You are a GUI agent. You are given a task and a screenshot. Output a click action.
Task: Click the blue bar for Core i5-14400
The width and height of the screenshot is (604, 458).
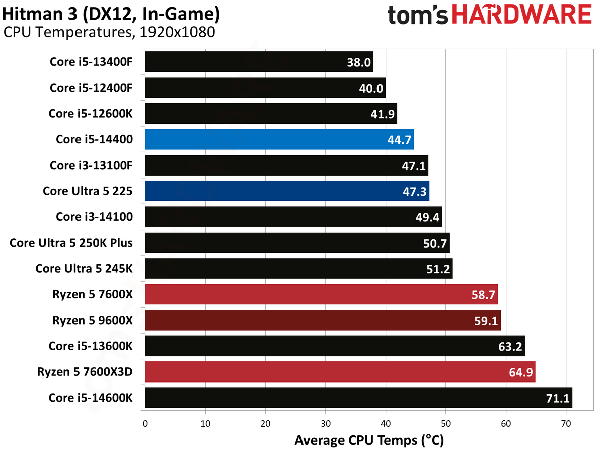click(x=279, y=139)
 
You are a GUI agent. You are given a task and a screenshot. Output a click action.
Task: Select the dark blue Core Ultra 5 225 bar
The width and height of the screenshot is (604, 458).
click(x=287, y=191)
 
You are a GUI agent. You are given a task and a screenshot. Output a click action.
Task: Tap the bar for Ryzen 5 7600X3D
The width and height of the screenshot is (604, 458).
click(x=340, y=372)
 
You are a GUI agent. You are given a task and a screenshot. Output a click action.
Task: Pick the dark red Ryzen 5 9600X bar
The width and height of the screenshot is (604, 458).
click(x=323, y=321)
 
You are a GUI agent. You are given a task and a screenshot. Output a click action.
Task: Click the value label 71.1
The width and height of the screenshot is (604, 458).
click(x=558, y=398)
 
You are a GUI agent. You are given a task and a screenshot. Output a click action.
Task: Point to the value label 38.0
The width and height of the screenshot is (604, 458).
click(x=359, y=62)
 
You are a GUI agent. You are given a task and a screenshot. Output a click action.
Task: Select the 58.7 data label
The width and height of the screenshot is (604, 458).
click(x=483, y=295)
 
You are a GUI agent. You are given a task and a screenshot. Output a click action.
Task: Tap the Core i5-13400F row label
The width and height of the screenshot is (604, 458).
click(x=91, y=62)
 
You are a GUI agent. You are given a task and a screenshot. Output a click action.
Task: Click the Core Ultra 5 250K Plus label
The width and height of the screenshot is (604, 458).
click(x=71, y=243)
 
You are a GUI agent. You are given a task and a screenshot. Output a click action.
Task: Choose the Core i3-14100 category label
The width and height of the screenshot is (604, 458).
click(x=95, y=217)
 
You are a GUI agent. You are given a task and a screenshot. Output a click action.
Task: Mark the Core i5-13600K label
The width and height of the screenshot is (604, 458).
click(x=91, y=346)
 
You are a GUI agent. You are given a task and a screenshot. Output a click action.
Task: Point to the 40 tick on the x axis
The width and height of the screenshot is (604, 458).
click(x=386, y=424)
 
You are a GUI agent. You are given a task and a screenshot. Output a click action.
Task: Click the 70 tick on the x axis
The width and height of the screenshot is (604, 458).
click(x=566, y=424)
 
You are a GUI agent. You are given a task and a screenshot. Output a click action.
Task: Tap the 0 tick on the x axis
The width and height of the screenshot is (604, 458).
click(x=145, y=424)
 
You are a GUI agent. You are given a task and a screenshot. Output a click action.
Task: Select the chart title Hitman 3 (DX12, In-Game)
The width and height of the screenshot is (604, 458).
click(x=111, y=14)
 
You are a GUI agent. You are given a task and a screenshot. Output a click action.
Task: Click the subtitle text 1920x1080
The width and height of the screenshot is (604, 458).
click(x=178, y=32)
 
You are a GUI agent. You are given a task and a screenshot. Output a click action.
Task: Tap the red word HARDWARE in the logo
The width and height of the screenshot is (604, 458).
click(x=522, y=14)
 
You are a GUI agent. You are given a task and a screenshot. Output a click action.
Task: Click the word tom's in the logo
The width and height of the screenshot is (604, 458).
click(x=418, y=15)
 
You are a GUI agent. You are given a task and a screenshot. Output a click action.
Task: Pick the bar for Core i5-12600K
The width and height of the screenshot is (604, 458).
click(x=271, y=114)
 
